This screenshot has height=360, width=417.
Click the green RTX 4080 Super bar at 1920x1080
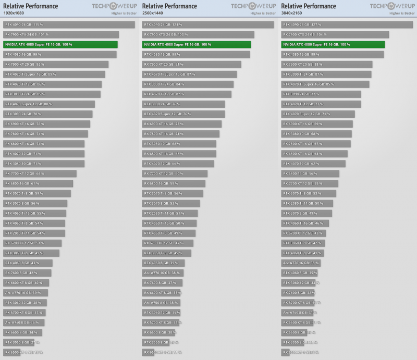click(60, 44)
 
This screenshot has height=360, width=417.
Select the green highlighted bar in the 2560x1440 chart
click(197, 44)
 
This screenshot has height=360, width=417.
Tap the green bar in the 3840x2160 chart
click(333, 44)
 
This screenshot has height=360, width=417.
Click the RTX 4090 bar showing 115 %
click(69, 24)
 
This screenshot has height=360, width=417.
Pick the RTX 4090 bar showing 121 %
click(208, 24)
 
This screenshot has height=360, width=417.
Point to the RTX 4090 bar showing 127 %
click(347, 24)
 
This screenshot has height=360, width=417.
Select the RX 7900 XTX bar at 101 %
click(61, 34)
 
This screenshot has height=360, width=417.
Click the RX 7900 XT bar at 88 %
click(327, 64)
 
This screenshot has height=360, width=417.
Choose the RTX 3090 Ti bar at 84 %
click(188, 84)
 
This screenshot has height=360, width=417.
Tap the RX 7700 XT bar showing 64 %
click(40, 173)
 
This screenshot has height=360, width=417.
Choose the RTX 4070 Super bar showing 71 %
click(318, 114)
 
